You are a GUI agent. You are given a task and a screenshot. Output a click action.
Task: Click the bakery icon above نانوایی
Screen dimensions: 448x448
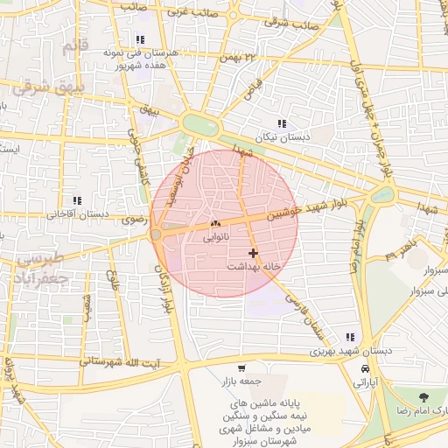click(x=215, y=224)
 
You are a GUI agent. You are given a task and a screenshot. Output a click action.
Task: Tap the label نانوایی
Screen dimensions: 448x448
click(x=216, y=236)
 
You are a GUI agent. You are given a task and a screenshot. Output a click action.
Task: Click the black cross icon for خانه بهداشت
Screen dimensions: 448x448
click(x=254, y=253)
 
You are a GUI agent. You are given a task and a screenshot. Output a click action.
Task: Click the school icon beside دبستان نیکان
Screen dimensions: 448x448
click(x=282, y=124)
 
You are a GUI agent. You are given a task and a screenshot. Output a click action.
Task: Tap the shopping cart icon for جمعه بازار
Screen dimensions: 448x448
click(x=241, y=368)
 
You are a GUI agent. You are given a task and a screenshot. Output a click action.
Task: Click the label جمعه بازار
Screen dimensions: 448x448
click(x=240, y=381)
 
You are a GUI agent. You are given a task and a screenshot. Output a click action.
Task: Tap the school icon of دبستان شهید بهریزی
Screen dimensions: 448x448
click(x=351, y=337)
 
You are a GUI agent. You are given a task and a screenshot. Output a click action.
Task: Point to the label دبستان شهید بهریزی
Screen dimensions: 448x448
click(x=349, y=350)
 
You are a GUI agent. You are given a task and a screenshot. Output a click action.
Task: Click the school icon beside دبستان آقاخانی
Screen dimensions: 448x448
click(x=77, y=200)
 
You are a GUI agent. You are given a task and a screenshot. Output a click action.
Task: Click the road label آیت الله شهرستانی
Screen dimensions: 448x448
click(x=119, y=361)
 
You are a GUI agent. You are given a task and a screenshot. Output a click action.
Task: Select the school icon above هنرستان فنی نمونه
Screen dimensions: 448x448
click(x=140, y=39)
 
